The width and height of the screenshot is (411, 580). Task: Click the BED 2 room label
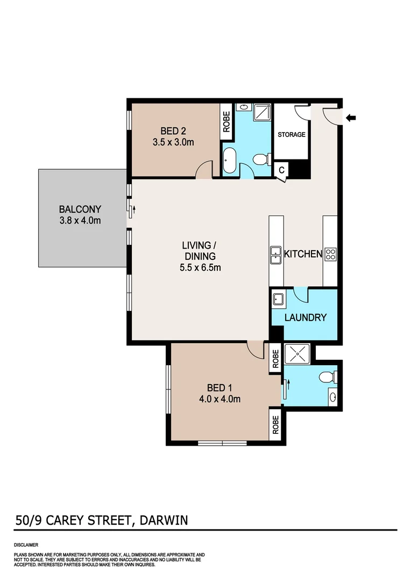173,131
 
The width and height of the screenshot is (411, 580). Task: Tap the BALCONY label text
80,209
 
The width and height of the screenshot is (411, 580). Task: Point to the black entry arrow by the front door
351,118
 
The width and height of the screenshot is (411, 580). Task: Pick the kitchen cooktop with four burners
330,254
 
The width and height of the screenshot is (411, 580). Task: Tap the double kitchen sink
275,254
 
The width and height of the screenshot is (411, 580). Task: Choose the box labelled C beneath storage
281,170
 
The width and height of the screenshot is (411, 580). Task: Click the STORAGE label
291,135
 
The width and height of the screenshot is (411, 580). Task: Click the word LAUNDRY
305,317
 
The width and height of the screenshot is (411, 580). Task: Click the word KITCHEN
303,254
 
